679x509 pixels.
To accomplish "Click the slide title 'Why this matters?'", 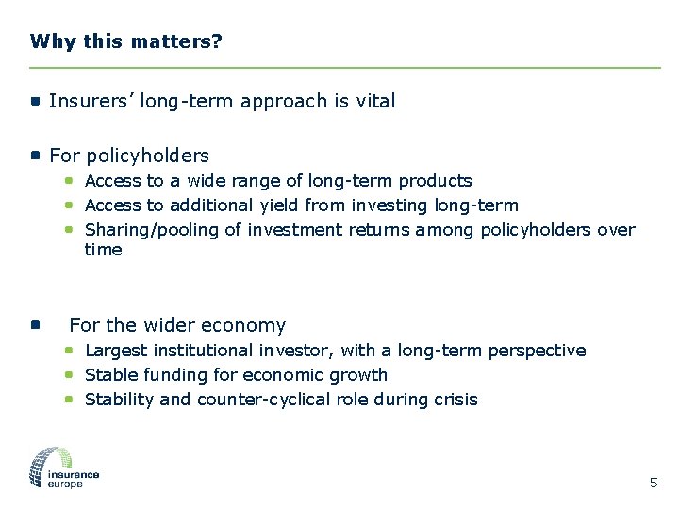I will [125, 41].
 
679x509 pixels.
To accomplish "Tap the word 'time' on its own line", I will [104, 250].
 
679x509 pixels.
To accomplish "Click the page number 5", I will [654, 484].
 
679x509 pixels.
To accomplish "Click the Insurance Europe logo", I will [64, 468].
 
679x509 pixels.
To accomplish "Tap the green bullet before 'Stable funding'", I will [70, 374].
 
